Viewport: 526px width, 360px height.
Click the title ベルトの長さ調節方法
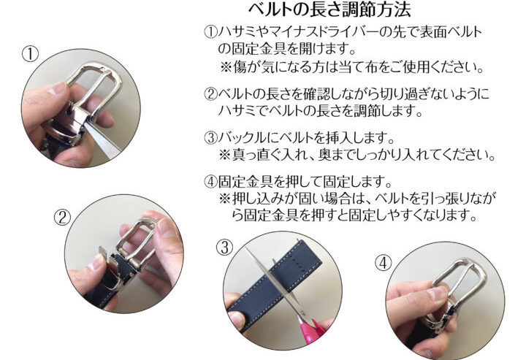coord(329,9)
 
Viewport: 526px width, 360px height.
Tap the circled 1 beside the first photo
coord(30,54)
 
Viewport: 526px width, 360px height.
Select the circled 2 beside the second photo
coord(63,218)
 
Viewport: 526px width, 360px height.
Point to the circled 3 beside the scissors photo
coord(224,248)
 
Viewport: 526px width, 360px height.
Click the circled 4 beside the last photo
coord(383,262)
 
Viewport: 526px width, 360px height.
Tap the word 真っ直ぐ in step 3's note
coord(260,156)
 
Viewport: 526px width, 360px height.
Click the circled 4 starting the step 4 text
coord(210,182)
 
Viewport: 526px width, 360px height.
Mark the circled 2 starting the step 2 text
coord(210,94)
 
